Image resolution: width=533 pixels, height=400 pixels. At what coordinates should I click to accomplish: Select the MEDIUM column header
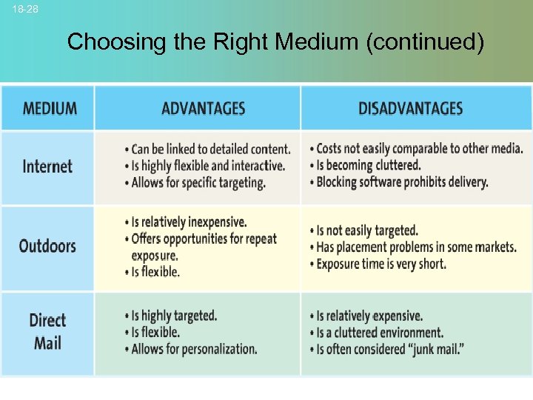pyautogui.click(x=50, y=108)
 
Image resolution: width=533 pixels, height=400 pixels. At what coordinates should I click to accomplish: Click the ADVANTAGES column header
pyautogui.click(x=203, y=108)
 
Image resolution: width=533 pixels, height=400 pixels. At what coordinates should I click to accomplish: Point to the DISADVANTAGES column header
pyautogui.click(x=410, y=108)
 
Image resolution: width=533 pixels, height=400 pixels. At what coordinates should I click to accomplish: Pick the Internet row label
pyautogui.click(x=47, y=166)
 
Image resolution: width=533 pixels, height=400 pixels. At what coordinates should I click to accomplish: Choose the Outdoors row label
pyautogui.click(x=47, y=246)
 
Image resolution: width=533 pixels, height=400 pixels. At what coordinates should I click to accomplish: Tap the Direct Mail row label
pyautogui.click(x=47, y=331)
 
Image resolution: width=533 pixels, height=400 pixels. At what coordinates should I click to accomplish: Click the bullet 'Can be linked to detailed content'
pyautogui.click(x=210, y=149)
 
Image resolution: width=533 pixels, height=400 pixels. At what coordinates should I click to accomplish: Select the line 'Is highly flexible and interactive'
pyautogui.click(x=207, y=165)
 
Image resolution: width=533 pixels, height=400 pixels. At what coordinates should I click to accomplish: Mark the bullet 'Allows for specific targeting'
pyautogui.click(x=198, y=182)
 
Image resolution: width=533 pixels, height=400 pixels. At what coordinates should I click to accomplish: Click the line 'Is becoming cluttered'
pyautogui.click(x=368, y=165)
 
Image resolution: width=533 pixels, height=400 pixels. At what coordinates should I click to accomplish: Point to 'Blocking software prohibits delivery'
pyautogui.click(x=402, y=182)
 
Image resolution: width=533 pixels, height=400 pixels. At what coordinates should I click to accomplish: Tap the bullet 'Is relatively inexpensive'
pyautogui.click(x=189, y=222)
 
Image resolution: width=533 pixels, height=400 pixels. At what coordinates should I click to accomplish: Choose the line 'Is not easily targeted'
pyautogui.click(x=367, y=230)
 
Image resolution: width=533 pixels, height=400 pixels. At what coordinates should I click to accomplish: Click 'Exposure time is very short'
pyautogui.click(x=381, y=264)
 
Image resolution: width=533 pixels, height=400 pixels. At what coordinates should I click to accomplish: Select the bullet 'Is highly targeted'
pyautogui.click(x=174, y=316)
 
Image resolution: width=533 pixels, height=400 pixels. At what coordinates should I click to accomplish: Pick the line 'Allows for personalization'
pyautogui.click(x=194, y=348)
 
